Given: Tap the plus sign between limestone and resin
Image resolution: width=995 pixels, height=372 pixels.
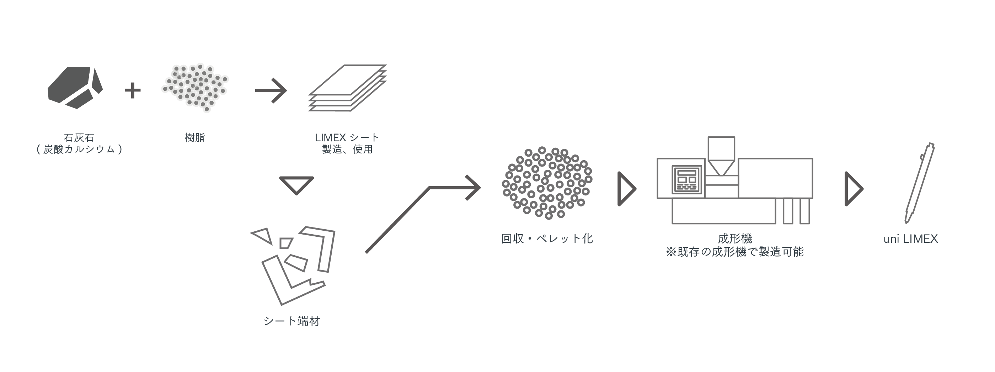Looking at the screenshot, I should click(133, 90).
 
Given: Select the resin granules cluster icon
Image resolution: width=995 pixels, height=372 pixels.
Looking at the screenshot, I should click(196, 87).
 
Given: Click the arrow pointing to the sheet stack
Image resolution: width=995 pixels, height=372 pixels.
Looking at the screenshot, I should click(271, 91).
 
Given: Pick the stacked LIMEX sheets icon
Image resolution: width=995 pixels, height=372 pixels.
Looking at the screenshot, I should click(347, 88).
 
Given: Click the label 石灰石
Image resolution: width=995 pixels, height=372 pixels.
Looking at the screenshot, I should click(79, 138).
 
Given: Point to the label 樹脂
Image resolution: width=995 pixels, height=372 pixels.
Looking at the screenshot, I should click(195, 138).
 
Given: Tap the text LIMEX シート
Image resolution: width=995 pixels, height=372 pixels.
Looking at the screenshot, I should click(347, 138).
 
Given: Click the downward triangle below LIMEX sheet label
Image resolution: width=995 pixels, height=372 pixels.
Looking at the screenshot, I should click(296, 185).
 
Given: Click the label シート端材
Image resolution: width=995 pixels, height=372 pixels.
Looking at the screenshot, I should click(291, 321).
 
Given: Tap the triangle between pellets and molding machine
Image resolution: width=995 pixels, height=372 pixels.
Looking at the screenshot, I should click(626, 189).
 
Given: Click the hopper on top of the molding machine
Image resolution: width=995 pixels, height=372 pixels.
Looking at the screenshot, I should click(721, 155).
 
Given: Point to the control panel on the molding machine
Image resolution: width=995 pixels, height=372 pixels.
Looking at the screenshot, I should click(686, 179).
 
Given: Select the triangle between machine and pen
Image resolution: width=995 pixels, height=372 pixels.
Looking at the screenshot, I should click(853, 189).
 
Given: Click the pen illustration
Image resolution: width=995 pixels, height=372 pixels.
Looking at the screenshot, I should click(919, 183).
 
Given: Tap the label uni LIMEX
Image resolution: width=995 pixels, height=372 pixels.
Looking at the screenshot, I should click(910, 239).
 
